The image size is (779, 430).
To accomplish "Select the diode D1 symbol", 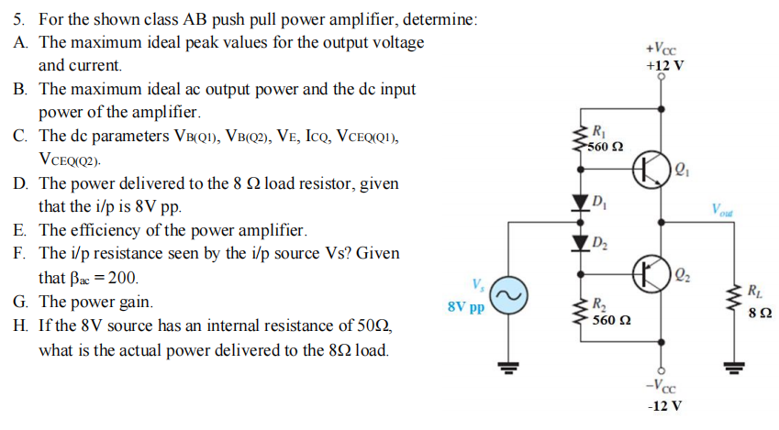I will point(580,202).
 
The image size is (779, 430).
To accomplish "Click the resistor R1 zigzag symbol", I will point(580,139).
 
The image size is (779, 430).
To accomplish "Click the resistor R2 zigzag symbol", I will point(580,311).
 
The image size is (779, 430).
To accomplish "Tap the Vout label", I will point(720,210).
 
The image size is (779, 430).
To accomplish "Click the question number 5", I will point(19,19).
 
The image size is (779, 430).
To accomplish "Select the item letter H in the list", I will point(20,325).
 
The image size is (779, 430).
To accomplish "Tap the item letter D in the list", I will point(20,183).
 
